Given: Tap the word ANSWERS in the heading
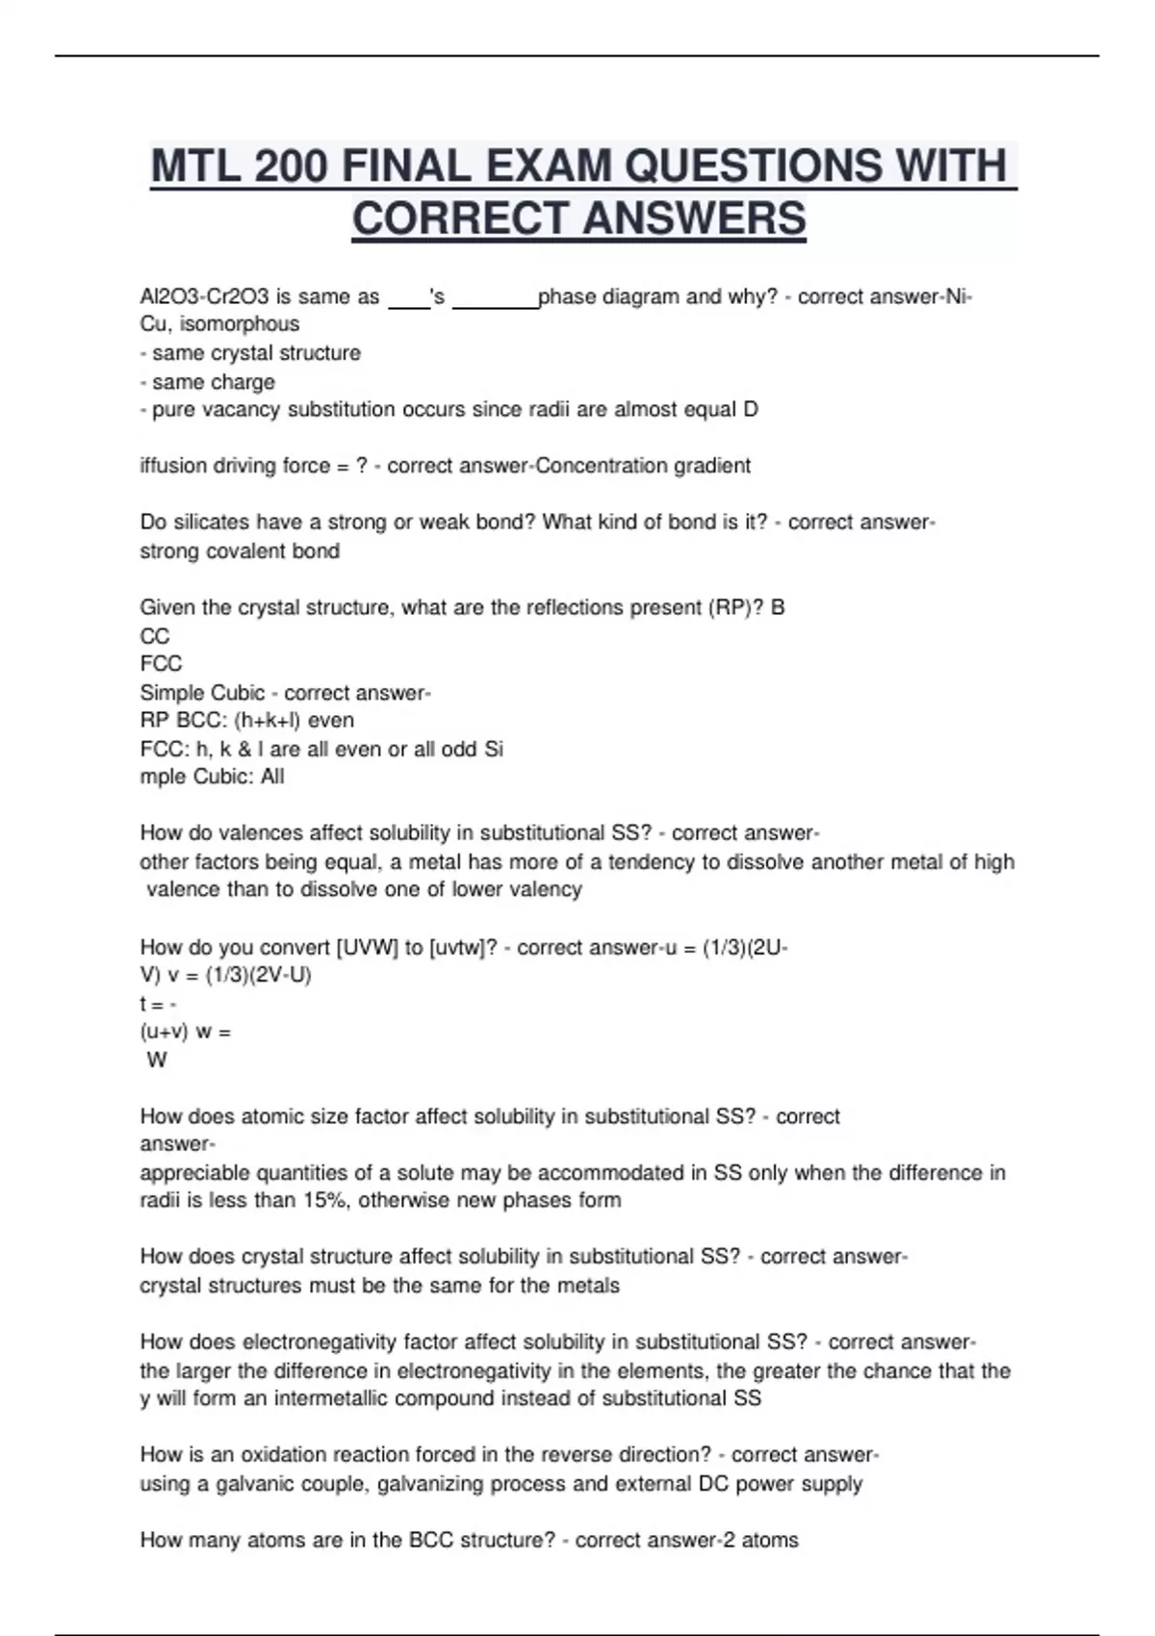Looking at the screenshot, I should [x=694, y=217].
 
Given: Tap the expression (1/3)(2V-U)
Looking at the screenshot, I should [x=258, y=976].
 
